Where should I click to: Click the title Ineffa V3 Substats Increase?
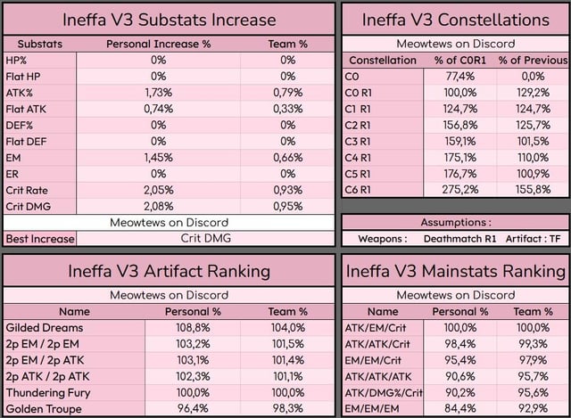[x=170, y=19]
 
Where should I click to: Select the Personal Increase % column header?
[x=158, y=44]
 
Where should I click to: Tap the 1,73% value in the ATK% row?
[x=158, y=92]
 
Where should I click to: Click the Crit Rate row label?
[x=27, y=190]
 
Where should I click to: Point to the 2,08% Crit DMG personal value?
[x=158, y=206]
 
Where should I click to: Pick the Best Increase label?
[x=39, y=239]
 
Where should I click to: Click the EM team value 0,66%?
[x=287, y=157]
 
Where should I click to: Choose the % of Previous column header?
[x=533, y=60]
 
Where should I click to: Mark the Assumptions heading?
[x=456, y=222]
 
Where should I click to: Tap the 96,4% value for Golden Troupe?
[x=193, y=408]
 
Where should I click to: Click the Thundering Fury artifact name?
[x=52, y=392]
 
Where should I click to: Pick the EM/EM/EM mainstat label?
[x=383, y=408]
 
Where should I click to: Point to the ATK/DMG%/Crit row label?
[x=383, y=392]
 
